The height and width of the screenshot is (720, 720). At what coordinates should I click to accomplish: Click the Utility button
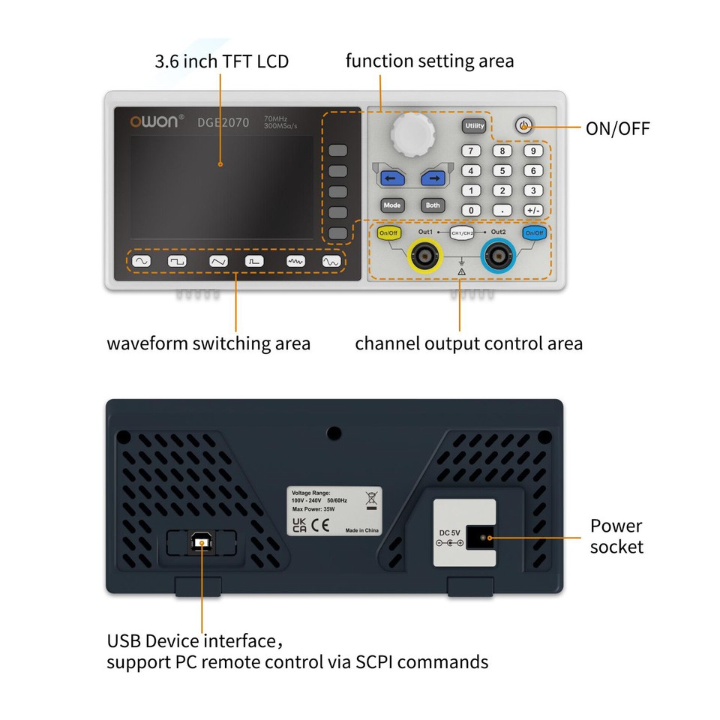474,126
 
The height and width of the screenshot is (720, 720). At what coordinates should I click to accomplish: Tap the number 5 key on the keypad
502,171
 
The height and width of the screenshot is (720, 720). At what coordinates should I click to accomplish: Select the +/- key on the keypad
532,211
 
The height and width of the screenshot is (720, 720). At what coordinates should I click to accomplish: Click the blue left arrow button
391,178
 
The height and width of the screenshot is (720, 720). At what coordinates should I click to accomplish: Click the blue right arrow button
432,178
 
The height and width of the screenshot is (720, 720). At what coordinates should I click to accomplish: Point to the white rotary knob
412,133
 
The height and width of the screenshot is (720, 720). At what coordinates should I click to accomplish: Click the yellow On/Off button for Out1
388,233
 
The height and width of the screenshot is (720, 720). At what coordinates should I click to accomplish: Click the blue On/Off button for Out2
534,233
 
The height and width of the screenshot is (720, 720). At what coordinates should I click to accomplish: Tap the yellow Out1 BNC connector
424,258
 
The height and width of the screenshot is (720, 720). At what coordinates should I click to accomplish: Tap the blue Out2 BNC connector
498,258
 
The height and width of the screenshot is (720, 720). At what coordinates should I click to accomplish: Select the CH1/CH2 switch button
461,233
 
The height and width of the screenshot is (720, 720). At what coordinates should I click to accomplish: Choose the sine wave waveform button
140,262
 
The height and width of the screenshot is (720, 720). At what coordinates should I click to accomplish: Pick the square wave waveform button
177,262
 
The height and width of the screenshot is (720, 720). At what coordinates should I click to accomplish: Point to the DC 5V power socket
480,538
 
